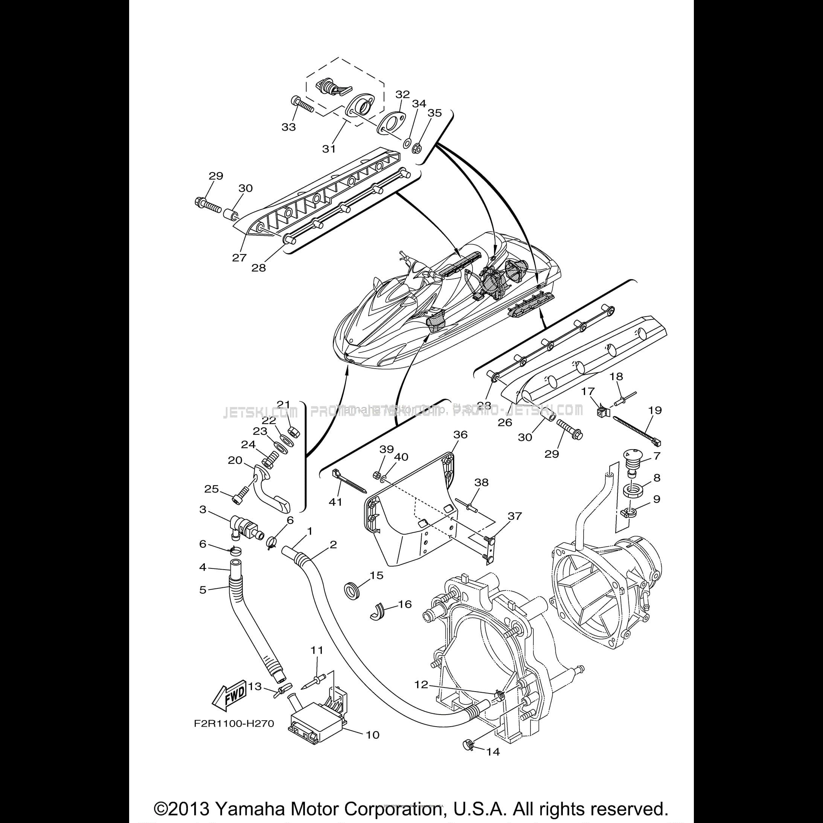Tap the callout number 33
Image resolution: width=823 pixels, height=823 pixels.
(x=288, y=127)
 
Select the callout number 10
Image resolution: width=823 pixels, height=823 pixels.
(x=372, y=735)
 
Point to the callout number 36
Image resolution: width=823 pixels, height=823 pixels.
(x=460, y=434)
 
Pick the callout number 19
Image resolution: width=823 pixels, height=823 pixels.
(x=655, y=410)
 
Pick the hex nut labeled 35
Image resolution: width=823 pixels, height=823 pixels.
(x=418, y=148)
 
